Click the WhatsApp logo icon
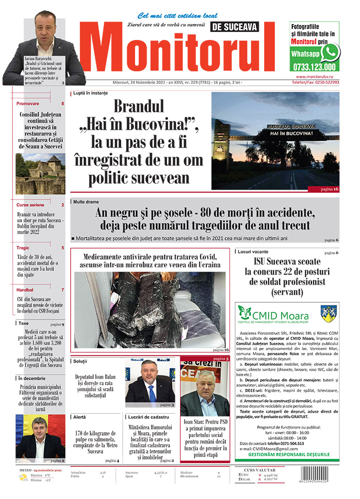pos(330,52)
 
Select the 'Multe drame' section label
pos(86,202)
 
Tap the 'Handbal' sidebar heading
pos(25,289)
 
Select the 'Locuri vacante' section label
pos(253,251)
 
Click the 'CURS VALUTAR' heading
pos(264,470)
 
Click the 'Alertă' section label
pos(79,416)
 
